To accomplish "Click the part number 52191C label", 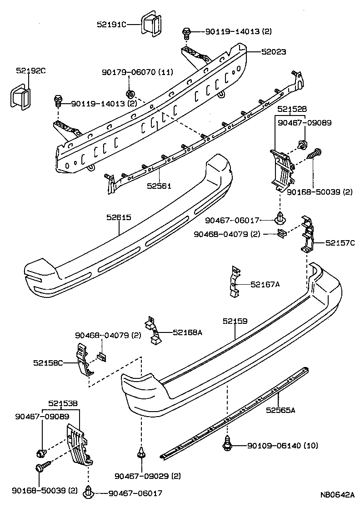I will (111, 24).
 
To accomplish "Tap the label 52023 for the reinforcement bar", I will (274, 52).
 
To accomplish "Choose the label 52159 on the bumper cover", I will (235, 321).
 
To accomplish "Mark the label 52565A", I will (280, 410).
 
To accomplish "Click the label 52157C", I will (340, 243).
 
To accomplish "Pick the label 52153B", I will (63, 403).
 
